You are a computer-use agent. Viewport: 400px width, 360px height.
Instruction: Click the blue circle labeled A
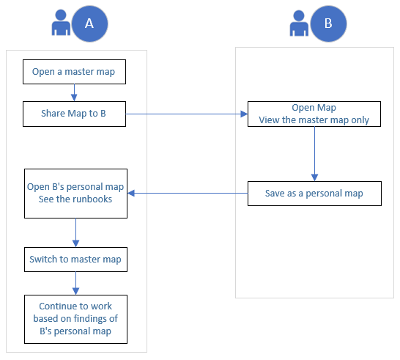(89, 23)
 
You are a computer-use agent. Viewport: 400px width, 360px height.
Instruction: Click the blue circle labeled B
(328, 23)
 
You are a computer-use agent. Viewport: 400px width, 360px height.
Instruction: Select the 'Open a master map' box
(73, 72)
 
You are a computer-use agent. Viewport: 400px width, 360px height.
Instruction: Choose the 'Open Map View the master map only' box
(314, 114)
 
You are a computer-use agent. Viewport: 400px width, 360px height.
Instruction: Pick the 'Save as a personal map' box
(314, 194)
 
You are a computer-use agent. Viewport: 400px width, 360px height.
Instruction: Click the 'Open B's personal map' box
(75, 193)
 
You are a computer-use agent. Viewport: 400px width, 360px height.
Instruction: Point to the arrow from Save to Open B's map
(187, 194)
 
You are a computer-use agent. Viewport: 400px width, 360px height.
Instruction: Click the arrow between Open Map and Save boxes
(314, 153)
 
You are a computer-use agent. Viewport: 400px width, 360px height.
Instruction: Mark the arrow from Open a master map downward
(74, 92)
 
